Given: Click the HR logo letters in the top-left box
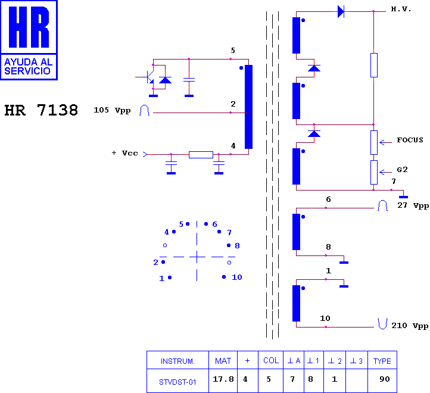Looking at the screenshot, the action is click(29, 27).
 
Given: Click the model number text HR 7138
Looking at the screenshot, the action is click(41, 110).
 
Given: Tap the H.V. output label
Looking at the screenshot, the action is click(401, 10).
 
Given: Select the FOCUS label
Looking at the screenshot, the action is click(410, 140).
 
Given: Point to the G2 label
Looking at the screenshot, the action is click(402, 170).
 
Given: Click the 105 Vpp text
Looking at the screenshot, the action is click(112, 110).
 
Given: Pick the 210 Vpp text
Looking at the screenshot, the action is click(410, 326).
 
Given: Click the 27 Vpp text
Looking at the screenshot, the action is click(413, 205).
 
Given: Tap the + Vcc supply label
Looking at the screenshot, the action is click(125, 153).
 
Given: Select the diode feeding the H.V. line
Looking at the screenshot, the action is click(341, 11).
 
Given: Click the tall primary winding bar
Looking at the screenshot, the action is click(248, 107).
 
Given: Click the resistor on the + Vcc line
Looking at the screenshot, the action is click(201, 155).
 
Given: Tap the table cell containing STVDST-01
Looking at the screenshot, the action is click(177, 381).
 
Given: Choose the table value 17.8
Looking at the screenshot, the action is click(223, 379).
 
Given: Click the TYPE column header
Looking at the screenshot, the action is click(382, 361).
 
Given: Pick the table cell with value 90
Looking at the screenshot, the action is click(382, 381).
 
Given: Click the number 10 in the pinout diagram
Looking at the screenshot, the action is click(237, 277).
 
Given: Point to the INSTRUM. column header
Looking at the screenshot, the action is click(177, 361).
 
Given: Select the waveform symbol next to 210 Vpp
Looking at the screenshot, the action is click(382, 323).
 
